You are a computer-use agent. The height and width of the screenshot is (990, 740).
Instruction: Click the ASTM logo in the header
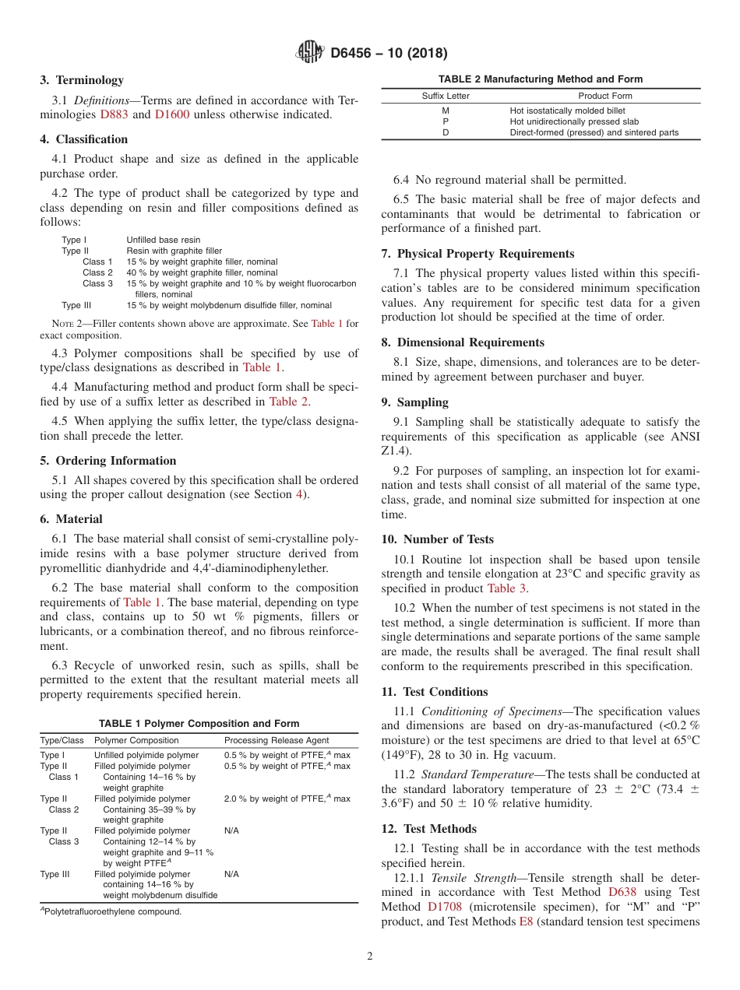coord(311,53)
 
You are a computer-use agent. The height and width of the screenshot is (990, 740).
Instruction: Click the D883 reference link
coord(115,114)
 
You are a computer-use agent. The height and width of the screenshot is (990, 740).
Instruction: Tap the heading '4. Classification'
coord(84,139)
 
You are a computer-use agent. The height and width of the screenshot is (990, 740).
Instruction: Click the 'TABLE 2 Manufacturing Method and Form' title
coord(541,79)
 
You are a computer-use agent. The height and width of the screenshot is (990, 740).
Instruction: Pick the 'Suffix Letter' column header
coord(446,96)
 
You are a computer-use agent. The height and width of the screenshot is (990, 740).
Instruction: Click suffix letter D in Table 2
coord(446,132)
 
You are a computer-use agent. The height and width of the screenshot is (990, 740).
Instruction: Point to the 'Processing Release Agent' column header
coord(277,740)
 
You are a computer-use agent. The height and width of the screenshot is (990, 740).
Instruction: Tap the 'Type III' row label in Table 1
coord(55,874)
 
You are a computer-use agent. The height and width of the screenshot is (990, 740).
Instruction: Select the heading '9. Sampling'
coord(414,402)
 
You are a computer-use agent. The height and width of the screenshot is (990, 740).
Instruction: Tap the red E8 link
coord(526,922)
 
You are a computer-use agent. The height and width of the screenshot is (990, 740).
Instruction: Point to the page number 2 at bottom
coord(370,957)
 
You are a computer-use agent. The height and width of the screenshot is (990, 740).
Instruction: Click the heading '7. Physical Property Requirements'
coord(477,254)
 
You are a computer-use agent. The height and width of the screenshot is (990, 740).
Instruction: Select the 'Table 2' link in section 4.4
coord(288,402)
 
